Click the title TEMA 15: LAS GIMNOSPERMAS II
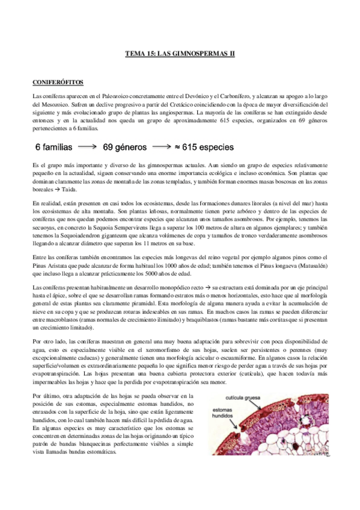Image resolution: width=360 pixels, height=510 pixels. coord(179,54)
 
